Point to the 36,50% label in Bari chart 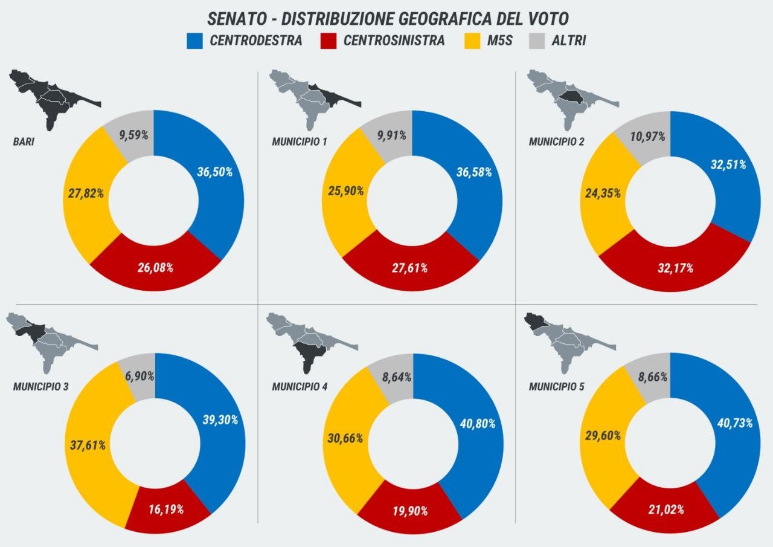[215, 172]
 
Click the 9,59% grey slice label [133, 135]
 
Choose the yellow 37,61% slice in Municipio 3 [88, 445]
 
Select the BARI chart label [23, 143]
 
